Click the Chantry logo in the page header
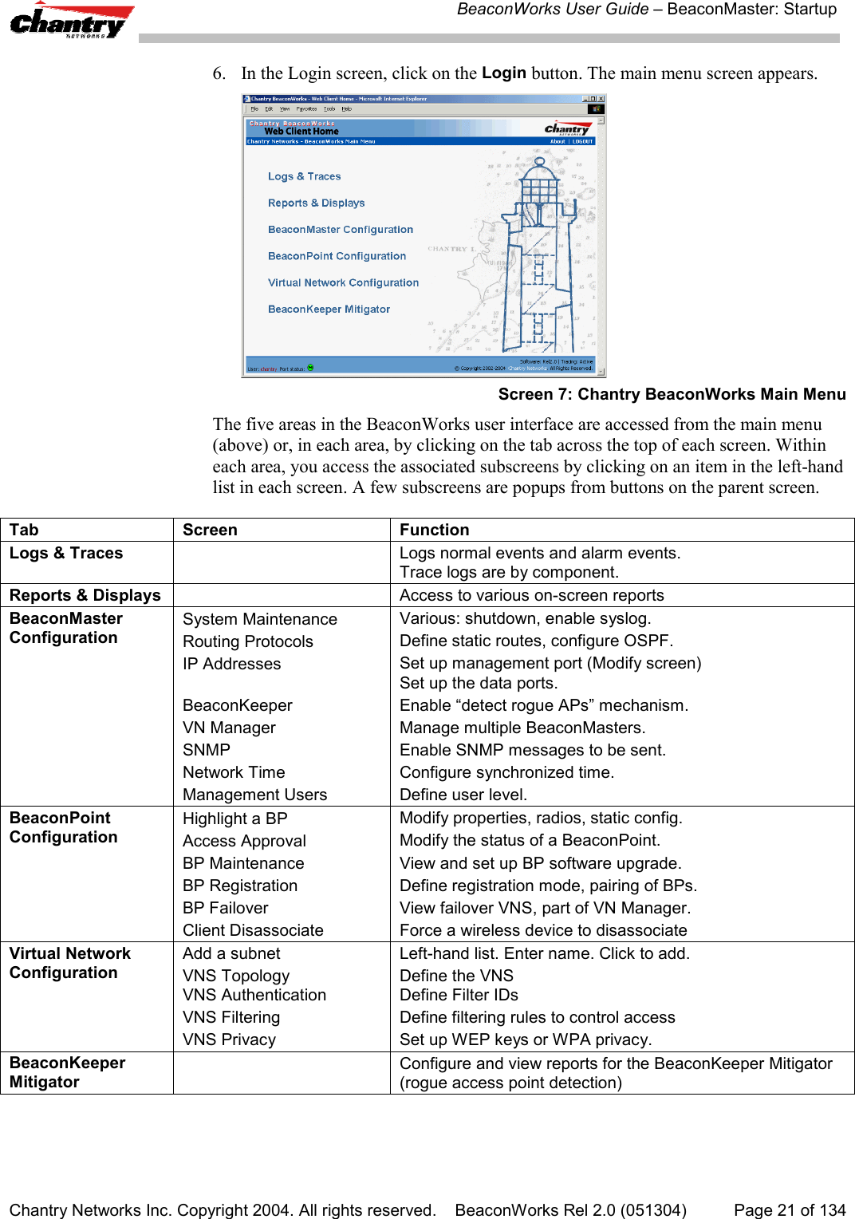click(x=70, y=22)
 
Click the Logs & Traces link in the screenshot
click(x=304, y=176)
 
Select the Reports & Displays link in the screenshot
click(x=316, y=203)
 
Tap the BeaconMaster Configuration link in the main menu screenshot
click(x=340, y=230)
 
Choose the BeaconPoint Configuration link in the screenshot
click(x=337, y=256)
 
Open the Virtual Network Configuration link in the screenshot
click(x=343, y=282)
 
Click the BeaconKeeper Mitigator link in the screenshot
click(x=329, y=309)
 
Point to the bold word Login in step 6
click(x=503, y=73)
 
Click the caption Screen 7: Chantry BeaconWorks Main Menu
click(x=672, y=394)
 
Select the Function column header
click(x=434, y=530)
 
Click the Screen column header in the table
click(x=210, y=530)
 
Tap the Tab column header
click(x=24, y=530)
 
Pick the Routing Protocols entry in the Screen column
click(x=247, y=641)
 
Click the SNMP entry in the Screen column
click(x=206, y=750)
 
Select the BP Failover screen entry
click(x=225, y=908)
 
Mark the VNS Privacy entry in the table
click(x=229, y=1040)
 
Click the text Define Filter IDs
click(x=459, y=995)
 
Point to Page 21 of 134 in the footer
click(x=789, y=1209)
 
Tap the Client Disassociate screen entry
click(x=253, y=930)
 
